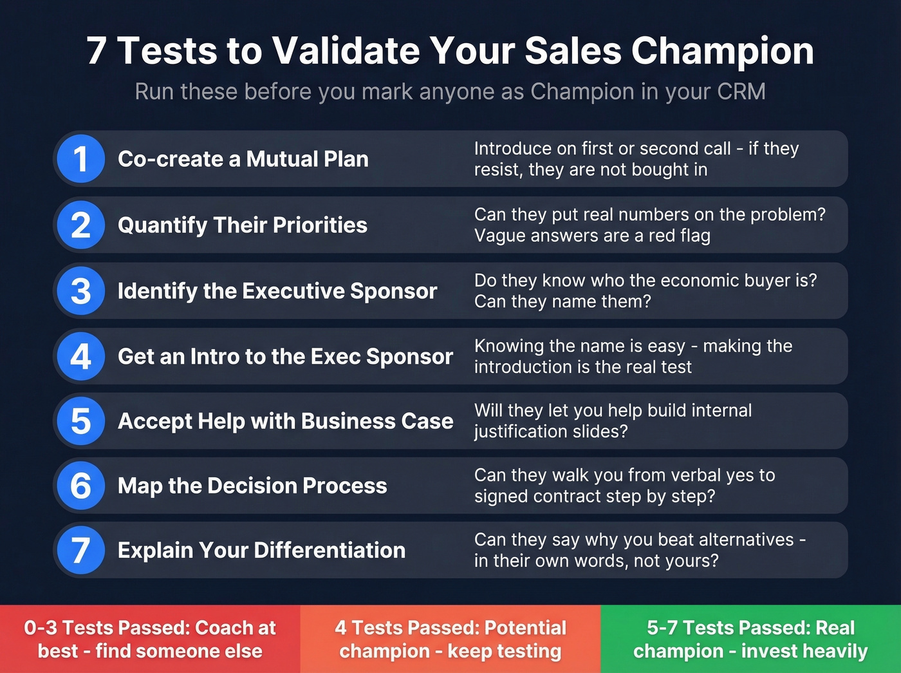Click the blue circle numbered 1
[80, 159]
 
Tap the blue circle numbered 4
[80, 356]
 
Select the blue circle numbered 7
[80, 550]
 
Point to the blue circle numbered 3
[80, 290]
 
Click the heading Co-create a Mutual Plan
[243, 159]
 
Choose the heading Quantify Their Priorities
[242, 225]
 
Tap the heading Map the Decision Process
[252, 486]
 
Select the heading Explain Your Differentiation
[261, 550]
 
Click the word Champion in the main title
[722, 50]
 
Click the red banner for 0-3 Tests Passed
[150, 639]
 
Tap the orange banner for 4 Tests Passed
[450, 639]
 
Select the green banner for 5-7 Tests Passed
[750, 639]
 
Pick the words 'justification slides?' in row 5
[551, 431]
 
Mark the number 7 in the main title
[97, 50]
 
